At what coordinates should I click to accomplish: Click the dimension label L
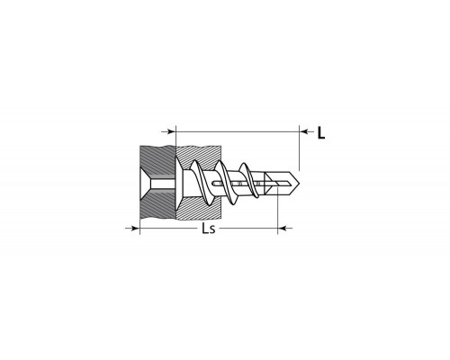pyautogui.click(x=321, y=133)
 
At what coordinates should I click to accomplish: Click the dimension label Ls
pyautogui.click(x=209, y=229)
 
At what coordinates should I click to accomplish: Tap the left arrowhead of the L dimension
pyautogui.click(x=171, y=131)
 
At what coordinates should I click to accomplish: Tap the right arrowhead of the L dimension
pyautogui.click(x=304, y=131)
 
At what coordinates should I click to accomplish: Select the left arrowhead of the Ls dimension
pyautogui.click(x=135, y=229)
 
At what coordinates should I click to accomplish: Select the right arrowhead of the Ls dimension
pyautogui.click(x=283, y=229)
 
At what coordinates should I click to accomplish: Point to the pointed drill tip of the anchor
pyautogui.click(x=300, y=184)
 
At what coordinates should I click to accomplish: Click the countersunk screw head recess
pyautogui.click(x=146, y=184)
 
